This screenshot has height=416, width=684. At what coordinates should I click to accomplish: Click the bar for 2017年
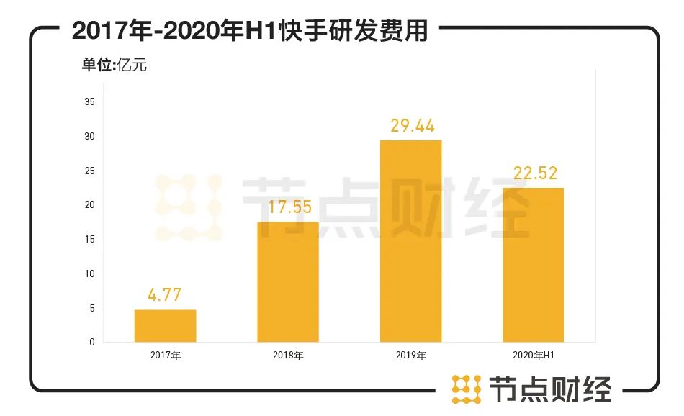click(165, 326)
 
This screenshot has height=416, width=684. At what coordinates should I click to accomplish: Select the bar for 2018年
click(288, 282)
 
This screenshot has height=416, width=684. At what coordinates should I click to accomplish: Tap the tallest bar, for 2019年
click(410, 241)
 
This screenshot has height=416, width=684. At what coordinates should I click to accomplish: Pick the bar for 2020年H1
click(534, 265)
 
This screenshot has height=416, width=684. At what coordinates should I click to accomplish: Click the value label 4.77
click(165, 294)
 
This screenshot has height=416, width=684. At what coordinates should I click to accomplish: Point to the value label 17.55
click(288, 207)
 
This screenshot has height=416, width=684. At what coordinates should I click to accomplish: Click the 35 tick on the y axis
click(90, 102)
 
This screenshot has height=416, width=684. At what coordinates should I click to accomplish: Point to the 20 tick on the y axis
click(90, 205)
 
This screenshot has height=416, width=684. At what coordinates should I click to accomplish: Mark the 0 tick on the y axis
click(92, 343)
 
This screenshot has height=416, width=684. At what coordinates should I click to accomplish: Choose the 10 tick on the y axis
click(90, 273)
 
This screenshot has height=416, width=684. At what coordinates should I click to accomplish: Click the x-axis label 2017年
click(165, 356)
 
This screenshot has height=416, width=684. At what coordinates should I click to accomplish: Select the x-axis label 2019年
click(411, 356)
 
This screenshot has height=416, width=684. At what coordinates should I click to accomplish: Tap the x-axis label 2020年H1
click(534, 356)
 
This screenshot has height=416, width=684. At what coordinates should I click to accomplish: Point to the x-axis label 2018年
click(288, 356)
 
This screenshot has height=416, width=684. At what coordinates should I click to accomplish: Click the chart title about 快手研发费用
click(250, 31)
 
